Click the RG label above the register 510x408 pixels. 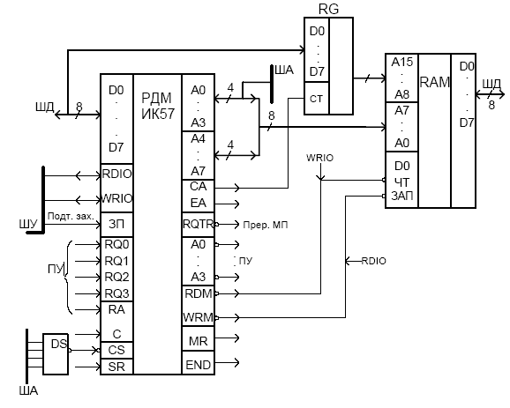pos(328,9)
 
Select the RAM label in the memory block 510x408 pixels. pos(434,82)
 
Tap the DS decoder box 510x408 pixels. pos(56,354)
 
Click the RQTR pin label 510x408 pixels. pos(198,224)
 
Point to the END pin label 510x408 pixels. pos(198,365)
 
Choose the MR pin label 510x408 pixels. pos(198,341)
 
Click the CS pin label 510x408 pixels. pos(116,350)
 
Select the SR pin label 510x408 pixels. pos(116,367)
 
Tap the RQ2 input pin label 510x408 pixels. pos(116,277)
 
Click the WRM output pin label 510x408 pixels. pos(198,317)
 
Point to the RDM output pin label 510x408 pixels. pos(198,293)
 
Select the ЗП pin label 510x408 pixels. pos(116,224)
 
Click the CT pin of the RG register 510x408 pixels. pos(316,99)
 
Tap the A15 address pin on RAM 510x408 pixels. pos(402,62)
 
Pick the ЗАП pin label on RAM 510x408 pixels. pos(402,196)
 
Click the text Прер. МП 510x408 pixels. pos(266,225)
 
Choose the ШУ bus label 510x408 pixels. pos(28,224)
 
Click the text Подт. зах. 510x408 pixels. pos(71,216)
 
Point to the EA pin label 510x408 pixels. pos(198,203)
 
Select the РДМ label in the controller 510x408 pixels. pos(156,98)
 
